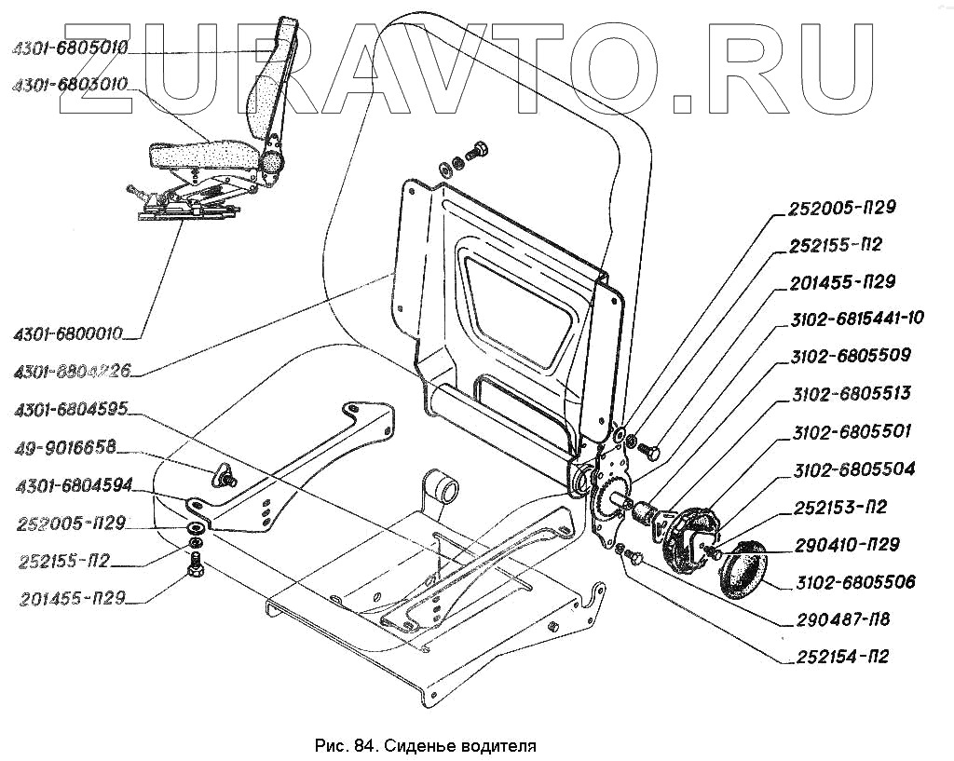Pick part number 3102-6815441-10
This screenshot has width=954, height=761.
coord(856,319)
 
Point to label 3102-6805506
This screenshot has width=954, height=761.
coord(855,583)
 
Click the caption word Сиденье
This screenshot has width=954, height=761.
coord(423,746)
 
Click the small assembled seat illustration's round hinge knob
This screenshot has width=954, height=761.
coord(271,161)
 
